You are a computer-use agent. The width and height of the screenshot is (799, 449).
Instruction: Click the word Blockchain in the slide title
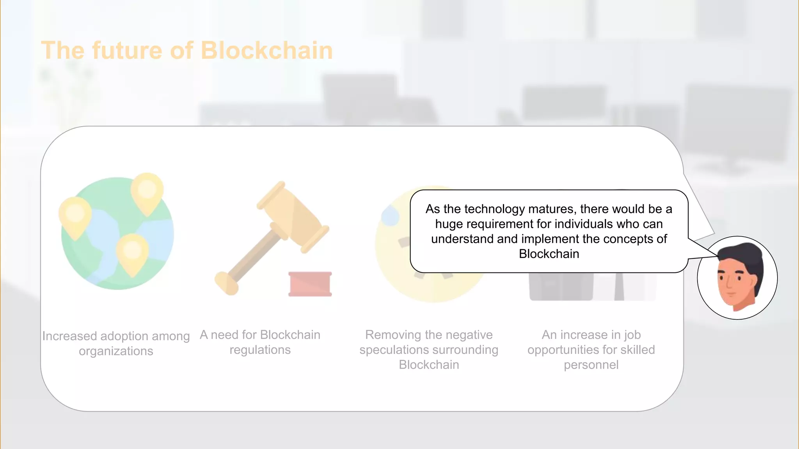pos(266,51)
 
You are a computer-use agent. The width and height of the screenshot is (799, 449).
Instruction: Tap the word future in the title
pos(127,51)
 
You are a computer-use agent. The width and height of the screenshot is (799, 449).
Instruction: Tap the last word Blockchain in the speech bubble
pos(549,254)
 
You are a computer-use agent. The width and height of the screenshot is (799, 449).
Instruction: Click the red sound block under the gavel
pos(310,284)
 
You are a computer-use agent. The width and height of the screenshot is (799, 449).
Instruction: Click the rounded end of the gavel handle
pos(226,283)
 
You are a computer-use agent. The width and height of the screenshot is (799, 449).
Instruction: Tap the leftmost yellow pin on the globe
pos(75,216)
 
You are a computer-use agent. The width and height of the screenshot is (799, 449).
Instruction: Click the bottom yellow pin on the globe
pos(132,253)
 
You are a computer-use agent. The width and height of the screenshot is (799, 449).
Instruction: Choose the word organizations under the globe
pos(116,351)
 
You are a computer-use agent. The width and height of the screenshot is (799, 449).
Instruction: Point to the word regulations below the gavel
pos(260,350)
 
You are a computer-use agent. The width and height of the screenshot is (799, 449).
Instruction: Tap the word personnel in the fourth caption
pos(591,365)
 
